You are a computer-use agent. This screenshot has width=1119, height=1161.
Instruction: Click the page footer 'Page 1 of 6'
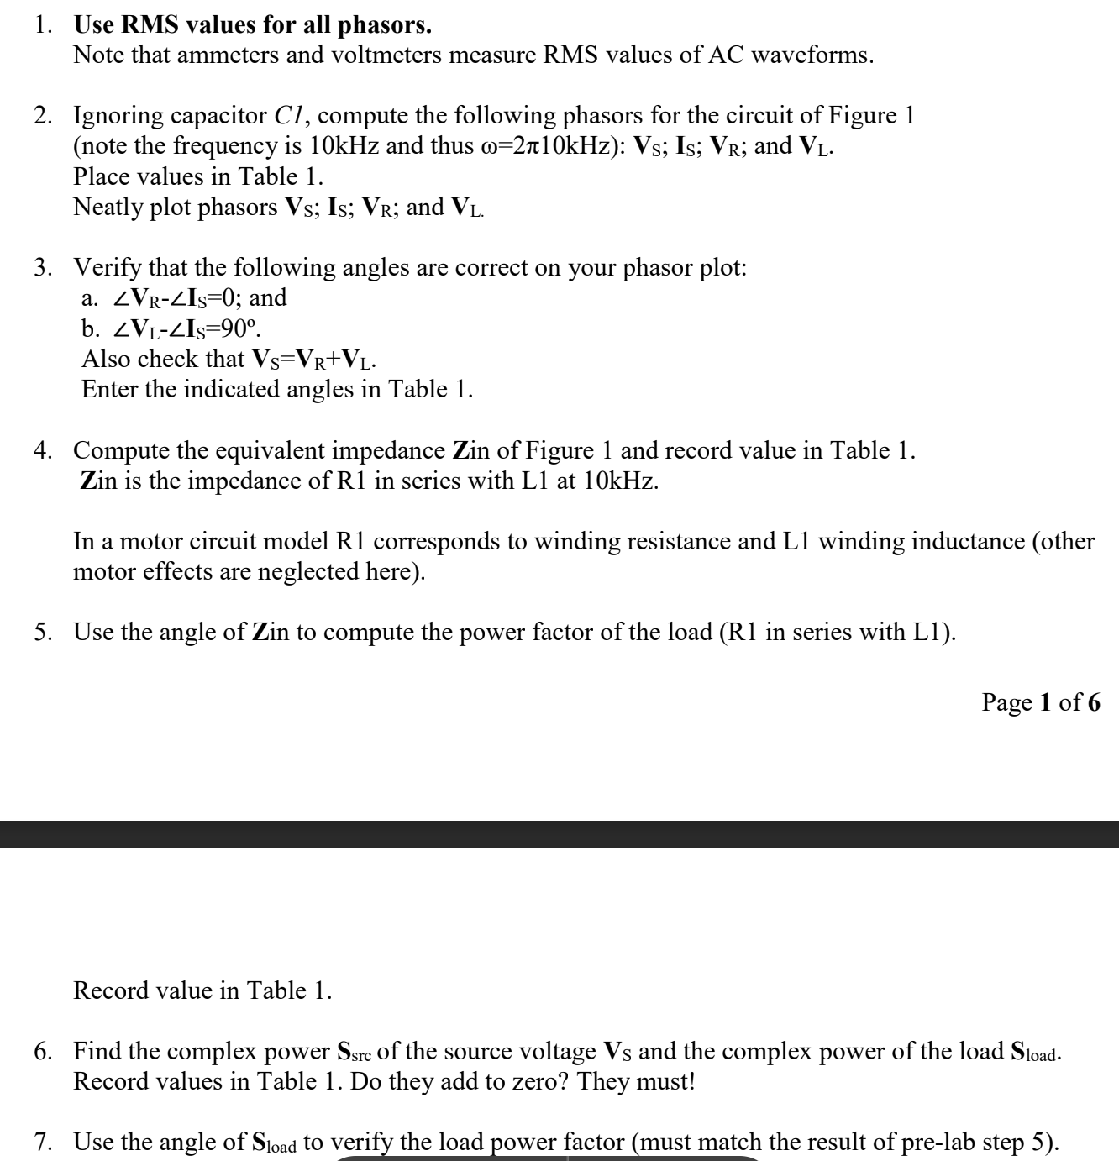(1040, 702)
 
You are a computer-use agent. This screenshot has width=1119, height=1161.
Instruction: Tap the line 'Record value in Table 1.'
(202, 990)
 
